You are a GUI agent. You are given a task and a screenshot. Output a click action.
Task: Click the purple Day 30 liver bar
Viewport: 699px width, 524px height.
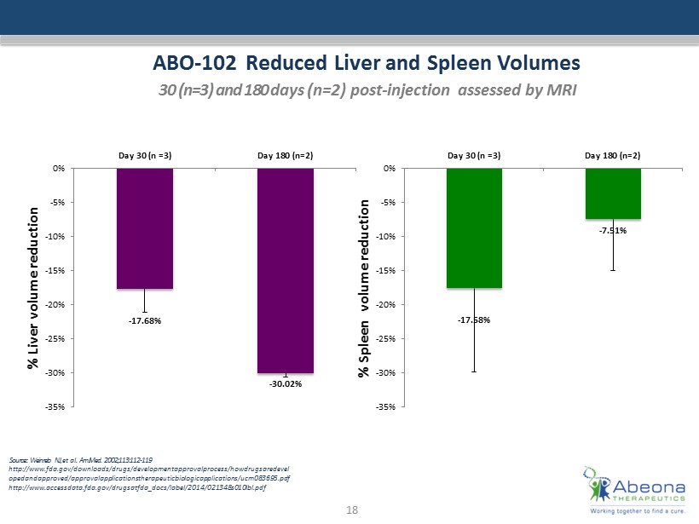(x=145, y=228)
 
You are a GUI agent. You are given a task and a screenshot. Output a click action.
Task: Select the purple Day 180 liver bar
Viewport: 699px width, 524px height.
(x=286, y=270)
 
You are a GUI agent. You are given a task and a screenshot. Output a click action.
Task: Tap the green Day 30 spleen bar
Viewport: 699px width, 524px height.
(x=474, y=227)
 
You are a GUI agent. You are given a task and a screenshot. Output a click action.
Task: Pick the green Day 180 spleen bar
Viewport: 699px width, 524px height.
(x=613, y=193)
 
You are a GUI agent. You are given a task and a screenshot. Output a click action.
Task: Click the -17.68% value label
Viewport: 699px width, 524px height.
(x=145, y=321)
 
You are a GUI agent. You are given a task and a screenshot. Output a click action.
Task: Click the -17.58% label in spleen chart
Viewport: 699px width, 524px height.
(x=474, y=320)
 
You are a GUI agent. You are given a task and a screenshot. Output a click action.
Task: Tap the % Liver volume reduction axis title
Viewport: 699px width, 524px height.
(x=34, y=286)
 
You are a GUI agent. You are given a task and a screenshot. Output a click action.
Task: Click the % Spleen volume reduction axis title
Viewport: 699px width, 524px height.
(x=364, y=286)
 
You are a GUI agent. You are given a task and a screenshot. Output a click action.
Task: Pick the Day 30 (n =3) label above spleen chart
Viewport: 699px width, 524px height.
(x=474, y=155)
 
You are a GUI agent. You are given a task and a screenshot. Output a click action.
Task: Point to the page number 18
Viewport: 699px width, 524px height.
(x=349, y=509)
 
